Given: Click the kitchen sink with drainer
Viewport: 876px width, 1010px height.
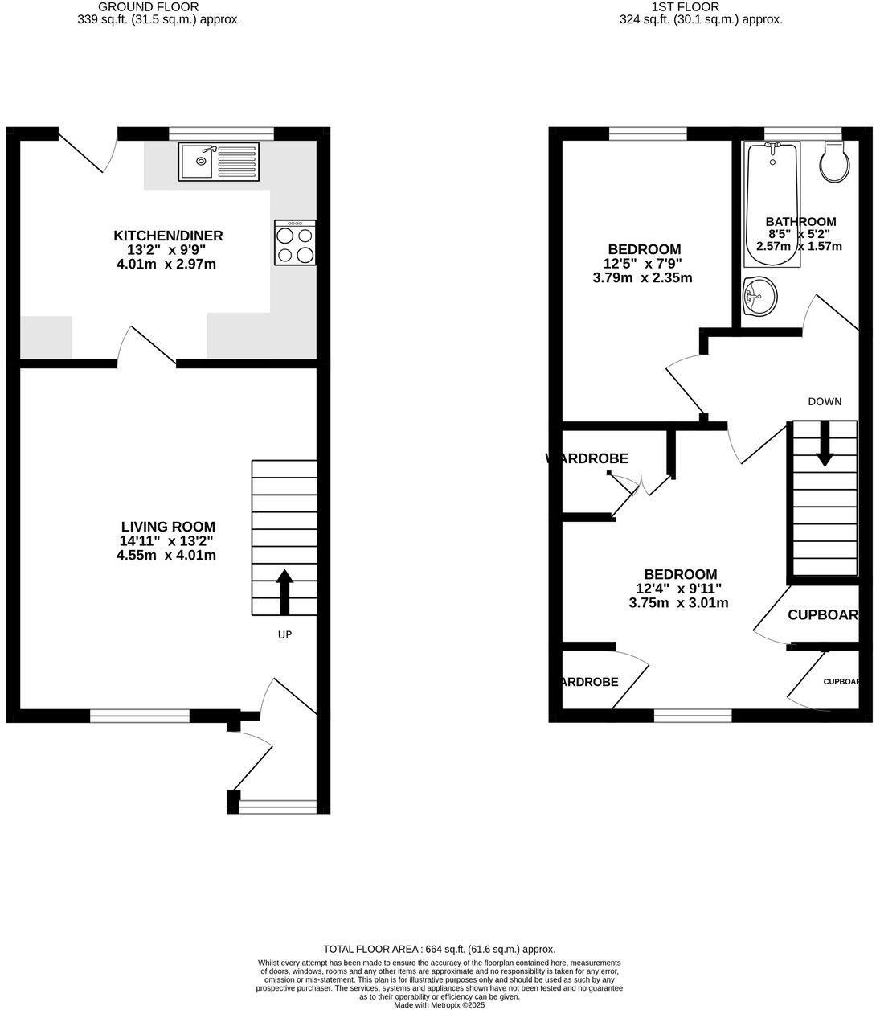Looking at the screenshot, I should point(219,162).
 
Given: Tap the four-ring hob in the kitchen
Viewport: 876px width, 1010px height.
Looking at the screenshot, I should point(295,243).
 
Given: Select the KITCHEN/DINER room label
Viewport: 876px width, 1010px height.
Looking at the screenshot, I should point(168,236).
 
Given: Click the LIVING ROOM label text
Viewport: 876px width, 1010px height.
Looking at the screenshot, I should point(168,527).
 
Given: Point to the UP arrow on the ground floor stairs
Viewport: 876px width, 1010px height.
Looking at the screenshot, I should point(284,593).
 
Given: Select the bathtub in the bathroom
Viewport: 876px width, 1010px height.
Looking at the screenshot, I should point(772,204).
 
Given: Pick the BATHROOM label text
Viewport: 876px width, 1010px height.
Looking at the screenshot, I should point(800,222).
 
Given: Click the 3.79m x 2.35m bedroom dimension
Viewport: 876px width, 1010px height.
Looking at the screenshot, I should point(642,278).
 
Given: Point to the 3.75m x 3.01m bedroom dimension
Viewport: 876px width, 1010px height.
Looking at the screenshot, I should point(680,602).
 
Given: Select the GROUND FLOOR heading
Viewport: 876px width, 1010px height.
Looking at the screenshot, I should point(148,6).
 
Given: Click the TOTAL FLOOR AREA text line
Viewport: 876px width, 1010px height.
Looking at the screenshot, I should point(439,949).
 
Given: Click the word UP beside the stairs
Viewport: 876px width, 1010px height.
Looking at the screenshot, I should point(284,635).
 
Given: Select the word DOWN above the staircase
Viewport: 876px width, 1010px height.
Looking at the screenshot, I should point(825,401).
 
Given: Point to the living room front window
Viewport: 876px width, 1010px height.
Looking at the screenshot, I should point(140,716).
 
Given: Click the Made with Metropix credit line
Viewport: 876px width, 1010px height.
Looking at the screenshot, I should point(439,1004).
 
